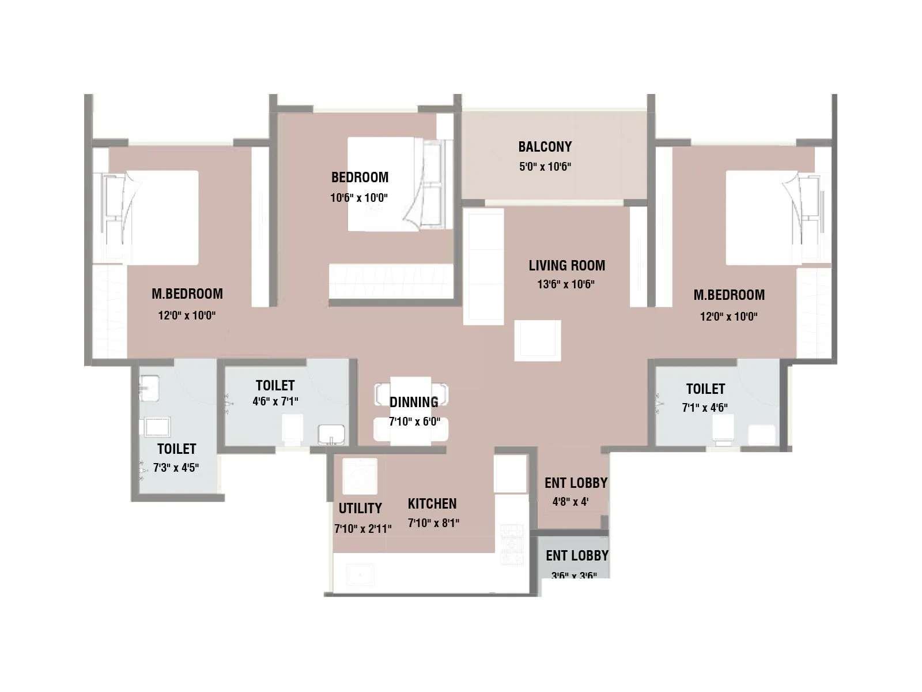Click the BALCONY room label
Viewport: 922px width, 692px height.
point(545,147)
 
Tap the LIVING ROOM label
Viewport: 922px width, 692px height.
point(566,266)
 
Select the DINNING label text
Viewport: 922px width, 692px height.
point(414,402)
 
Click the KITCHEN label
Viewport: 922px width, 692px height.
point(432,504)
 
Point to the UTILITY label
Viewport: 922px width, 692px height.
point(360,509)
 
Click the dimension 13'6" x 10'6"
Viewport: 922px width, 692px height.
point(565,284)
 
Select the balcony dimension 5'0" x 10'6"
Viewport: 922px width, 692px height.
point(545,167)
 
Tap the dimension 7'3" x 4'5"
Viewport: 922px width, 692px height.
point(176,468)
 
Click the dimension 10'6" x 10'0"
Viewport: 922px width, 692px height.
point(358,198)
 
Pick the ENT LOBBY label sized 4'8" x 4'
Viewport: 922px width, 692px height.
point(576,483)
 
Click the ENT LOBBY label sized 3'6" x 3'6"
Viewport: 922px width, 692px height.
point(577,556)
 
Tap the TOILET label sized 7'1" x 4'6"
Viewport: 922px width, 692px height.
point(705,389)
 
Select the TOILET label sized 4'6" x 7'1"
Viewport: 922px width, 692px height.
point(275,386)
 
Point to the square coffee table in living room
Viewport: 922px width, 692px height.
point(537,341)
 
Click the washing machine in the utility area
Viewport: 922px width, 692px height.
point(360,476)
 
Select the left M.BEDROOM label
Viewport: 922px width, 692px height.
point(187,294)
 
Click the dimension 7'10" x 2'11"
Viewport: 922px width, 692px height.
point(362,529)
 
